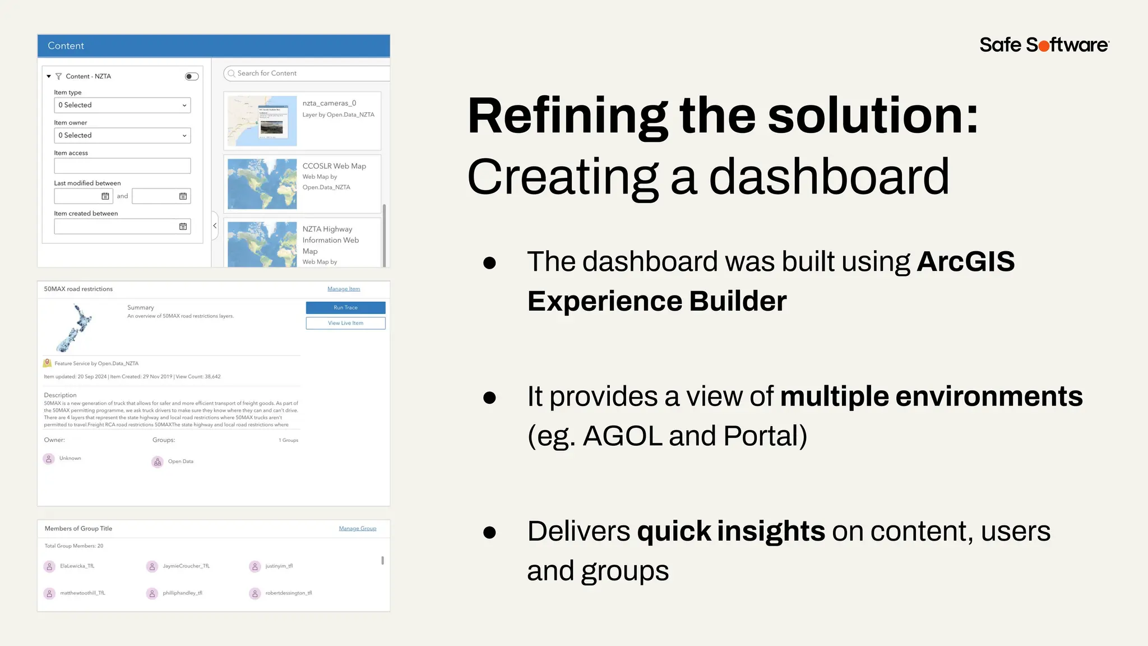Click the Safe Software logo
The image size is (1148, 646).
1044,45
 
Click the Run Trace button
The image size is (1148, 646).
345,307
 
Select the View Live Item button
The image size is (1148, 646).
345,323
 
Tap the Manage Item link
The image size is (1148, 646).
344,289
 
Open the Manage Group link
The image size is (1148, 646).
357,528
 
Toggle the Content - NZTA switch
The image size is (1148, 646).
192,76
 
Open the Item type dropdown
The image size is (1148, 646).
122,105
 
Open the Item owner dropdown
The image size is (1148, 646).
122,135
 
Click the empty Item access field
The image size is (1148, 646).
122,165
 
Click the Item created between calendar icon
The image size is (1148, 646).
183,227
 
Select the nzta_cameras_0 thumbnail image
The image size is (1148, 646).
262,121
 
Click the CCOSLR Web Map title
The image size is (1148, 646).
334,166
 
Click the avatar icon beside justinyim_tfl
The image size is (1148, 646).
255,566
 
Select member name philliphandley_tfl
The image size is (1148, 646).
182,593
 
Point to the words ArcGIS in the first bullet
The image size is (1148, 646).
965,261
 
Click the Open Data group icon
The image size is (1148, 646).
158,462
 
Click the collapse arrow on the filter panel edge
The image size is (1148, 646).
215,225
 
